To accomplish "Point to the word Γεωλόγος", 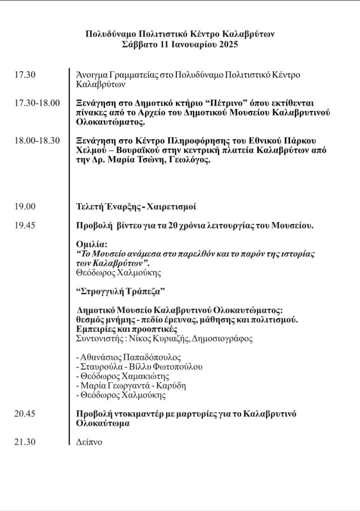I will (192, 161).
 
